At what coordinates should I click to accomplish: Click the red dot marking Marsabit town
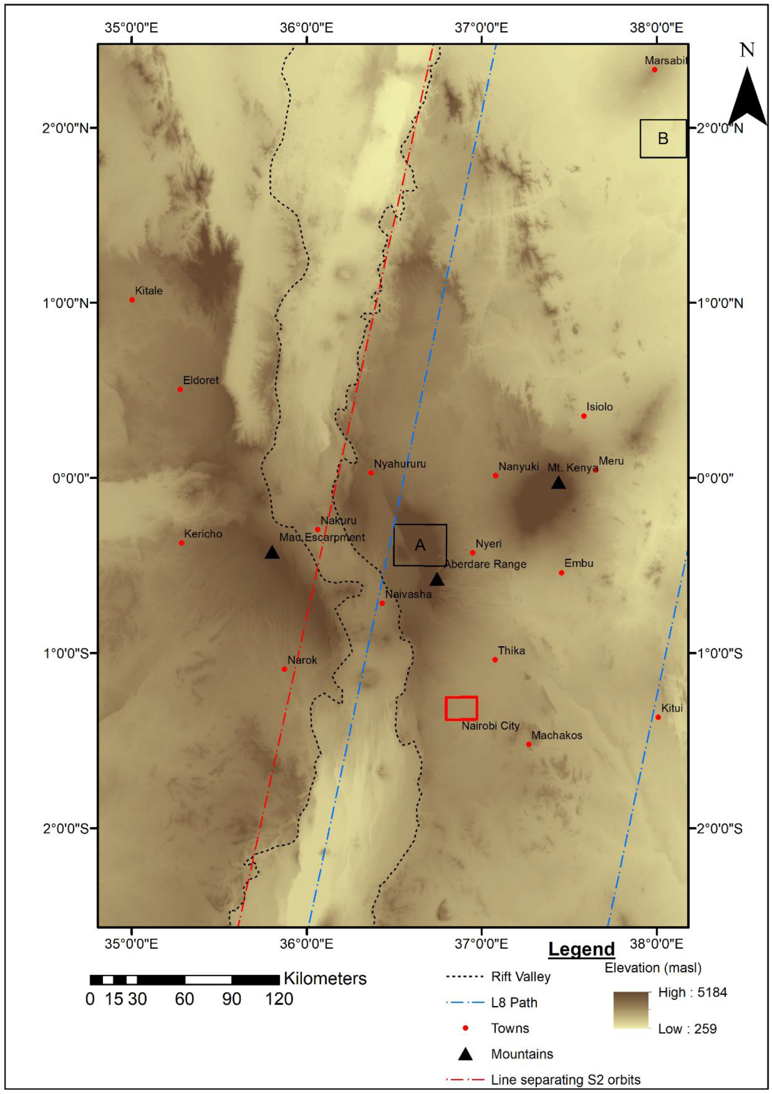[654, 69]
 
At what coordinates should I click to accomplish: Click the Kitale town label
[149, 291]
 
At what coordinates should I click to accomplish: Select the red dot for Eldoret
[180, 389]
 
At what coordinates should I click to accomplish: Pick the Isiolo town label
[600, 407]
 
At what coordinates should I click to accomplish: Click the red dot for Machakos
[528, 744]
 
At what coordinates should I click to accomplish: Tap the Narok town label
[302, 660]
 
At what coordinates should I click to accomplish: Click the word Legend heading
[581, 949]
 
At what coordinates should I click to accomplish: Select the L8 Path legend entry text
[514, 1003]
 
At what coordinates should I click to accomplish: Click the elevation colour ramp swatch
[631, 1010]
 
